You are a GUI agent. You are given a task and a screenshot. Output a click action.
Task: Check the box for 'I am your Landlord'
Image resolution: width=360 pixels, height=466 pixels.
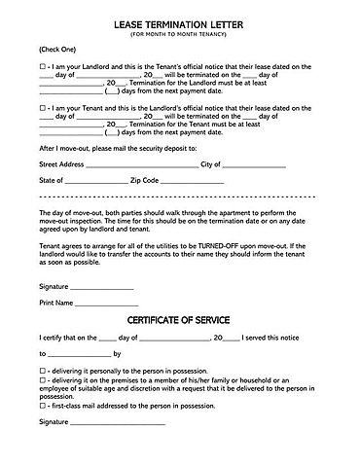tap(43, 66)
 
